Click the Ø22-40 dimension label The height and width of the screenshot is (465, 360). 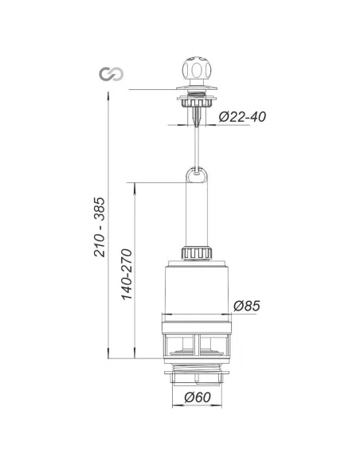(242, 116)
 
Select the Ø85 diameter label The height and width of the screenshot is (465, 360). (246, 306)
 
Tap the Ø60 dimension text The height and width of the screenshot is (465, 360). (198, 397)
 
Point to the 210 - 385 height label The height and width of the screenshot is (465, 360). (100, 227)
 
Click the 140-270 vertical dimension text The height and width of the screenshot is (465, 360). (127, 275)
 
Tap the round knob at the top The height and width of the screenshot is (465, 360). (197, 70)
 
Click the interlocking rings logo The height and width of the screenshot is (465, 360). (112, 74)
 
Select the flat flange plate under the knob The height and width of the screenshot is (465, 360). (197, 88)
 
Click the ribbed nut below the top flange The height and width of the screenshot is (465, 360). (197, 103)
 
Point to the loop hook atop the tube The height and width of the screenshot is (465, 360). (197, 175)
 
